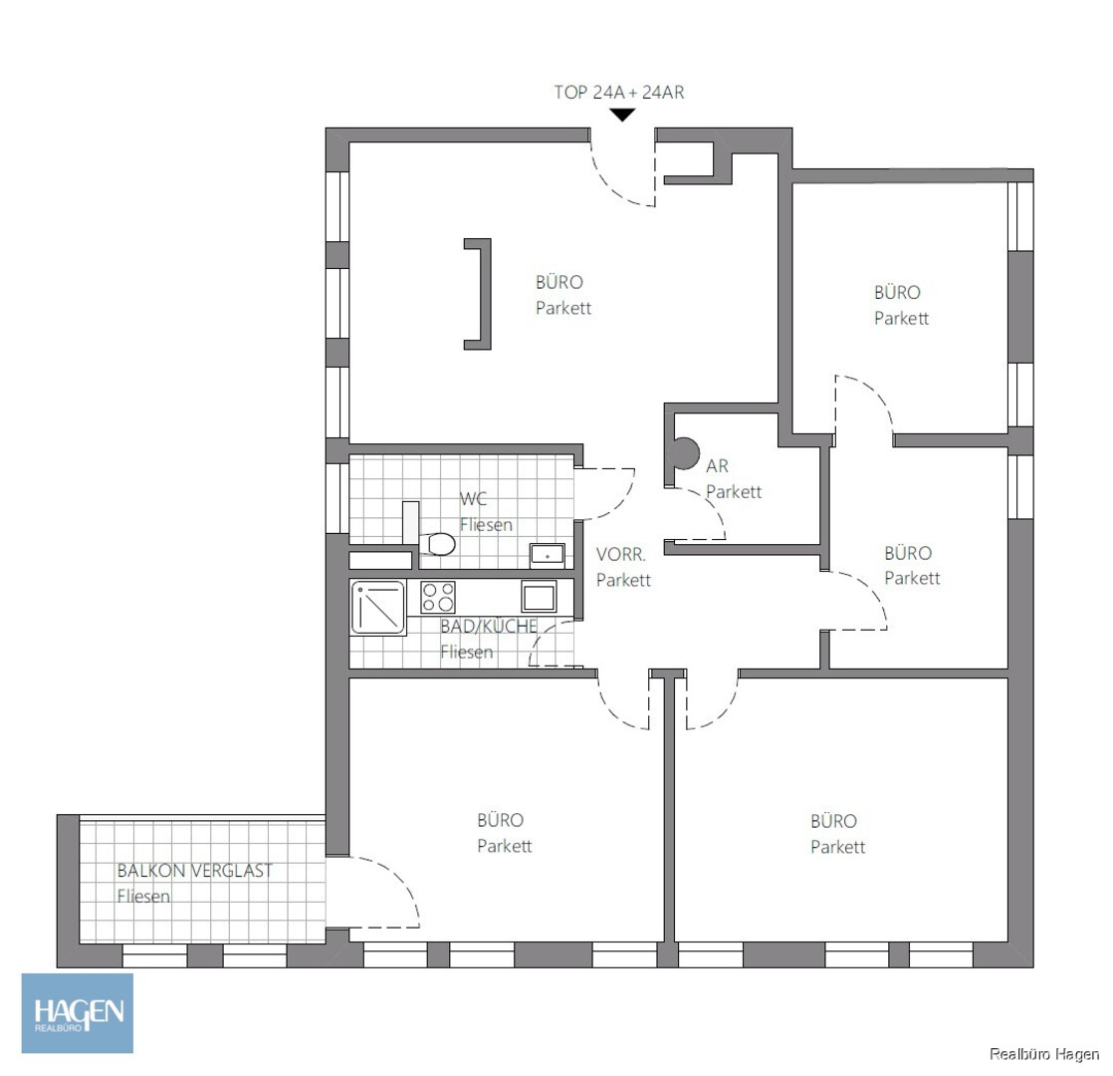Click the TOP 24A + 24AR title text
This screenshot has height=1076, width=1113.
pyautogui.click(x=619, y=93)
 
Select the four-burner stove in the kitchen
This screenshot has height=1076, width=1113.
pyautogui.click(x=438, y=597)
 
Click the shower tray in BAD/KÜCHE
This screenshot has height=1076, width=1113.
pyautogui.click(x=378, y=608)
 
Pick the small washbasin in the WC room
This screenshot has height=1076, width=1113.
pyautogui.click(x=548, y=555)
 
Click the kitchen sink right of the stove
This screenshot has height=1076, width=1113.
pyautogui.click(x=539, y=596)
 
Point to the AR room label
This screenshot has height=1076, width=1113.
pyautogui.click(x=717, y=466)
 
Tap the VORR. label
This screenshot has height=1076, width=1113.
pyautogui.click(x=620, y=554)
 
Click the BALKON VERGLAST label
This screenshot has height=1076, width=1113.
pyautogui.click(x=194, y=871)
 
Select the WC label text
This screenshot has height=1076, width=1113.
pyautogui.click(x=474, y=498)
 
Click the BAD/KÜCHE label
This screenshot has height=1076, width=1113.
pyautogui.click(x=489, y=627)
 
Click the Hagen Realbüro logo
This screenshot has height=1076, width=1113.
pyautogui.click(x=78, y=1013)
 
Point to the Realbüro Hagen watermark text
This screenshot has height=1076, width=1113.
pyautogui.click(x=1044, y=1054)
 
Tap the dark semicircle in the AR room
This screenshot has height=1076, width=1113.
pyautogui.click(x=686, y=454)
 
